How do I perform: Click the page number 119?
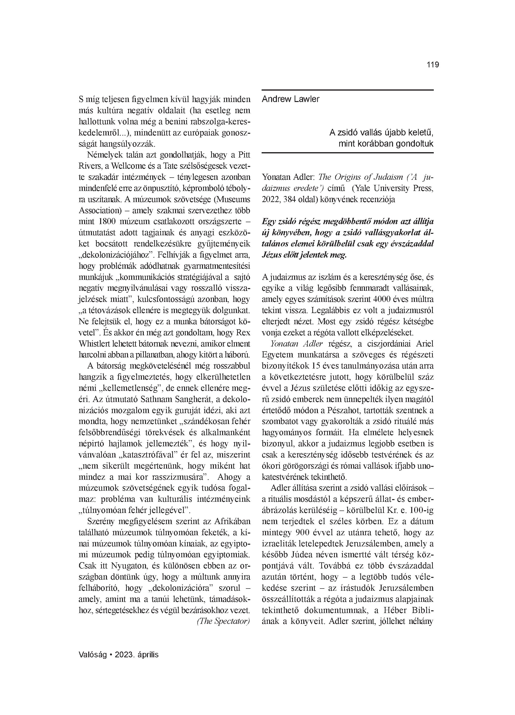[433, 65]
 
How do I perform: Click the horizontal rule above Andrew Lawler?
[347, 90]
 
